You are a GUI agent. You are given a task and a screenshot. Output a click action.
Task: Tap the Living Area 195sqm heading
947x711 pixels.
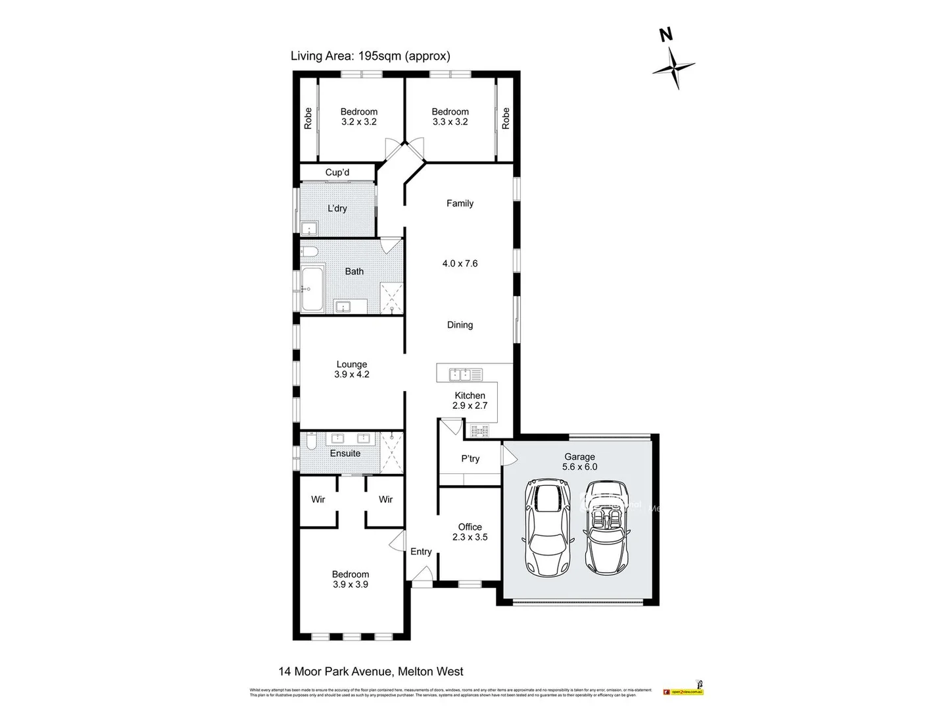pyautogui.click(x=370, y=56)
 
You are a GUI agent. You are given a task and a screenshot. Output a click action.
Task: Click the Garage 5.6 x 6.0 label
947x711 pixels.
pyautogui.click(x=579, y=461)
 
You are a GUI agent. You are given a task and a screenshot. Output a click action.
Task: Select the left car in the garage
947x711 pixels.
pyautogui.click(x=547, y=529)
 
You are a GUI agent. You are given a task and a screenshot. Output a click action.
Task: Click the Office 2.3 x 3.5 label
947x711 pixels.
pyautogui.click(x=470, y=532)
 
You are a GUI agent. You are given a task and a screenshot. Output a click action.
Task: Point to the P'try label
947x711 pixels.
pyautogui.click(x=470, y=459)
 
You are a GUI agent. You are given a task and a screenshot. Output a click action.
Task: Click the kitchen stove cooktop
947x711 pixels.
pyautogui.click(x=478, y=431)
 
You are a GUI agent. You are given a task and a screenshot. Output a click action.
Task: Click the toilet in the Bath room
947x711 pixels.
pyautogui.click(x=310, y=251)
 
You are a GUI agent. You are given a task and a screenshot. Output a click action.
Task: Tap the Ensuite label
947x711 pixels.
pyautogui.click(x=345, y=454)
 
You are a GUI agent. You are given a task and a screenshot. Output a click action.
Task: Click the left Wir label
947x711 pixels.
pyautogui.click(x=318, y=500)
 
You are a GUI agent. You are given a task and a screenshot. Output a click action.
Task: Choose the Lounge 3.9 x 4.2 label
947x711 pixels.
pyautogui.click(x=352, y=369)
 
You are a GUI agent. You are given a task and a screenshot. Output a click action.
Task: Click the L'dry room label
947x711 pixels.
pyautogui.click(x=337, y=209)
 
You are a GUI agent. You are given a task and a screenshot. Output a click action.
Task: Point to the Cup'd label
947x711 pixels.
pyautogui.click(x=337, y=172)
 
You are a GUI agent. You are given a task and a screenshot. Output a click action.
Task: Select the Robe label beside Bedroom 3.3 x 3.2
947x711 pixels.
pyautogui.click(x=506, y=118)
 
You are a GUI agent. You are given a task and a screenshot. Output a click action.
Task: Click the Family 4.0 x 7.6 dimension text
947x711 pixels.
pyautogui.click(x=460, y=263)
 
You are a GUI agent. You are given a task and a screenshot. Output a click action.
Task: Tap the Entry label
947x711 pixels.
pyautogui.click(x=421, y=552)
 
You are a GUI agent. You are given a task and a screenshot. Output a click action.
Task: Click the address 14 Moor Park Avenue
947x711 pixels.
pyautogui.click(x=371, y=671)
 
